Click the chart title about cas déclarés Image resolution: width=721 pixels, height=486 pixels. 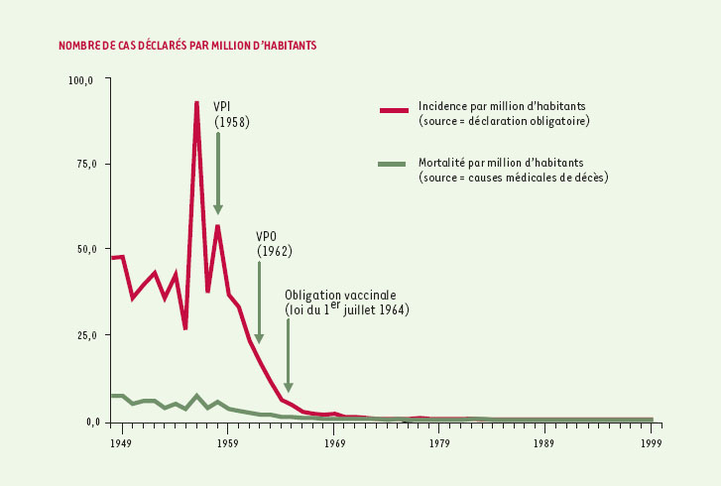coord(188,46)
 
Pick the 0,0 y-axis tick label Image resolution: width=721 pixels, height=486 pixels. coord(86,422)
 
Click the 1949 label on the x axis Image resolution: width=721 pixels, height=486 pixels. coord(122,442)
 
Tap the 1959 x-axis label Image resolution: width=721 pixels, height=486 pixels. coord(228,442)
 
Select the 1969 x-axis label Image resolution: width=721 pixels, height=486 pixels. coord(334,442)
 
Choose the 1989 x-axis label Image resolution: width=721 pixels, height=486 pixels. coord(544,442)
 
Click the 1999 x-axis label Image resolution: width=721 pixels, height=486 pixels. coord(651,442)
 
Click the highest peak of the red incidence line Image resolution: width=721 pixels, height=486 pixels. coord(196,102)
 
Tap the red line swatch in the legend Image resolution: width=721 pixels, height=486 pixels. coord(394,110)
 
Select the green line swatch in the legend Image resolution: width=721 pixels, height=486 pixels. coord(394,165)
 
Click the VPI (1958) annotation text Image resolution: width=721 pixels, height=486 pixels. coord(231,114)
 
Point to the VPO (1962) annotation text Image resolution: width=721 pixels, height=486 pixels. coord(273,244)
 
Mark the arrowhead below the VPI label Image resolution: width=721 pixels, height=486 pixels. coord(218,209)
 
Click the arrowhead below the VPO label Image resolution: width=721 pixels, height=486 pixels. coord(259,338)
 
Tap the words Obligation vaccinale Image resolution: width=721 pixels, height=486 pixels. coord(340,296)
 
